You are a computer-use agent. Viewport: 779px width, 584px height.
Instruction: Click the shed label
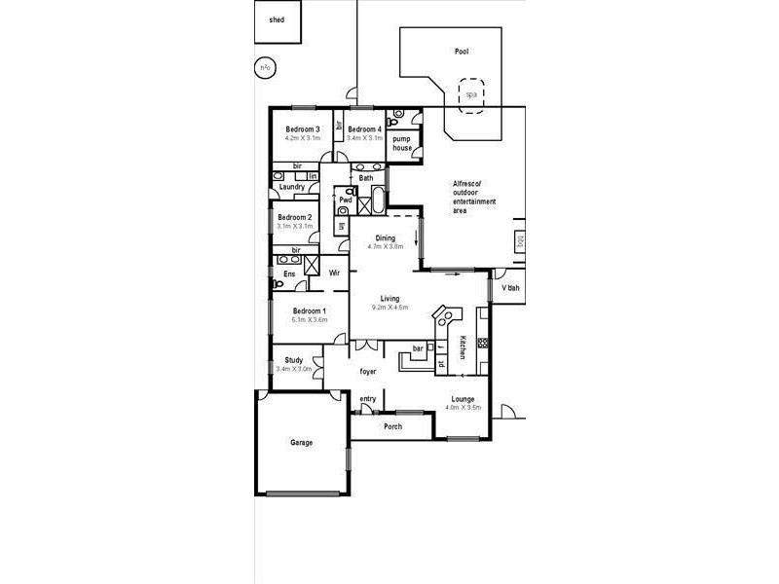[x=277, y=19]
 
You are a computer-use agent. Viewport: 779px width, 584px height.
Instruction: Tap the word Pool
[x=462, y=52]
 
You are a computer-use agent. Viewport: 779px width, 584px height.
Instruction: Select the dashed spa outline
[x=472, y=94]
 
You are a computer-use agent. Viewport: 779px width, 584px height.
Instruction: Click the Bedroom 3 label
[x=303, y=129]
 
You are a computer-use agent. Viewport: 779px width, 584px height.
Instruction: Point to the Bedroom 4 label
[x=364, y=129]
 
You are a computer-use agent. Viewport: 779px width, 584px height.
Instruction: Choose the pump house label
[x=402, y=144]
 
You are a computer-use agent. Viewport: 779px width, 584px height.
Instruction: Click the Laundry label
[x=292, y=187]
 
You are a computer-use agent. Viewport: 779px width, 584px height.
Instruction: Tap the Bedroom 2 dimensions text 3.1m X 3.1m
[x=293, y=226]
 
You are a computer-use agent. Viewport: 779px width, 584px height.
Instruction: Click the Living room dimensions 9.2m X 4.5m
[x=389, y=308]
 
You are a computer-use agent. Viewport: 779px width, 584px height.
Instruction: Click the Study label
[x=293, y=360]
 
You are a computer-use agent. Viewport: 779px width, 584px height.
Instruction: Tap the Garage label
[x=302, y=443]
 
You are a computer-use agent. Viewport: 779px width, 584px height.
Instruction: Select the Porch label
[x=392, y=426]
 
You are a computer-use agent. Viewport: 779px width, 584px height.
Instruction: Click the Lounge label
[x=463, y=399]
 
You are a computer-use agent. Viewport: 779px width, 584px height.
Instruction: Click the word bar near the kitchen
[x=418, y=347]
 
